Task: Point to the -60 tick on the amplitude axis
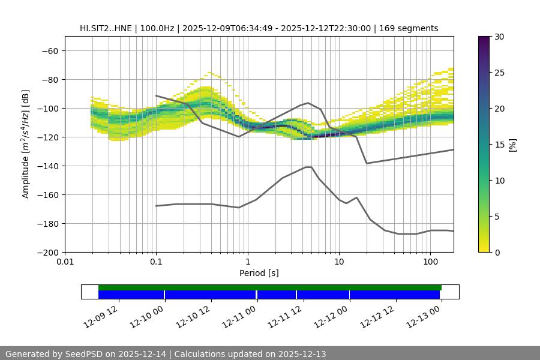coord(50,50)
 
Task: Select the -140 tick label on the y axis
coord(47,166)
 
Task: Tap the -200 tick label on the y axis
coord(47,252)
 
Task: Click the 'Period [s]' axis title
coord(259,273)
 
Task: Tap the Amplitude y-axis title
coord(26,144)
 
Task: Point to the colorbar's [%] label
coord(512,144)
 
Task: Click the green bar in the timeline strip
coord(270,287)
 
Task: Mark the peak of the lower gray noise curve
coord(309,167)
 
